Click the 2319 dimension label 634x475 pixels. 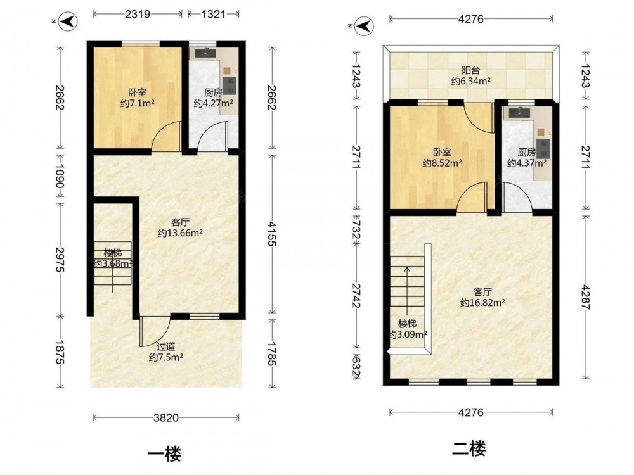point(138,14)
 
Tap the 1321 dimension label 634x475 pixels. point(213,14)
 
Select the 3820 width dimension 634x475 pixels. point(166,417)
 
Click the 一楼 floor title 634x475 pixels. point(164,453)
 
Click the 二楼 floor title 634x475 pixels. point(469,449)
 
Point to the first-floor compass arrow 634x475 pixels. point(68,21)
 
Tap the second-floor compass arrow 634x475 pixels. point(364,26)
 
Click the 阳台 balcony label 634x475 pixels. point(470,70)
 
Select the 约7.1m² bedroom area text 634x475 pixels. point(138,103)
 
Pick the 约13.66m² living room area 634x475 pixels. point(180,232)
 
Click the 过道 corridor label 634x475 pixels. point(165,346)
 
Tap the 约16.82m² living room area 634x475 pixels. point(482,302)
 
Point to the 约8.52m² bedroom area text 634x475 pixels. point(443,163)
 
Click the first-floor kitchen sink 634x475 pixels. point(206,53)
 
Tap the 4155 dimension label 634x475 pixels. point(272,234)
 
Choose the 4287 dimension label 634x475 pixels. point(585,297)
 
